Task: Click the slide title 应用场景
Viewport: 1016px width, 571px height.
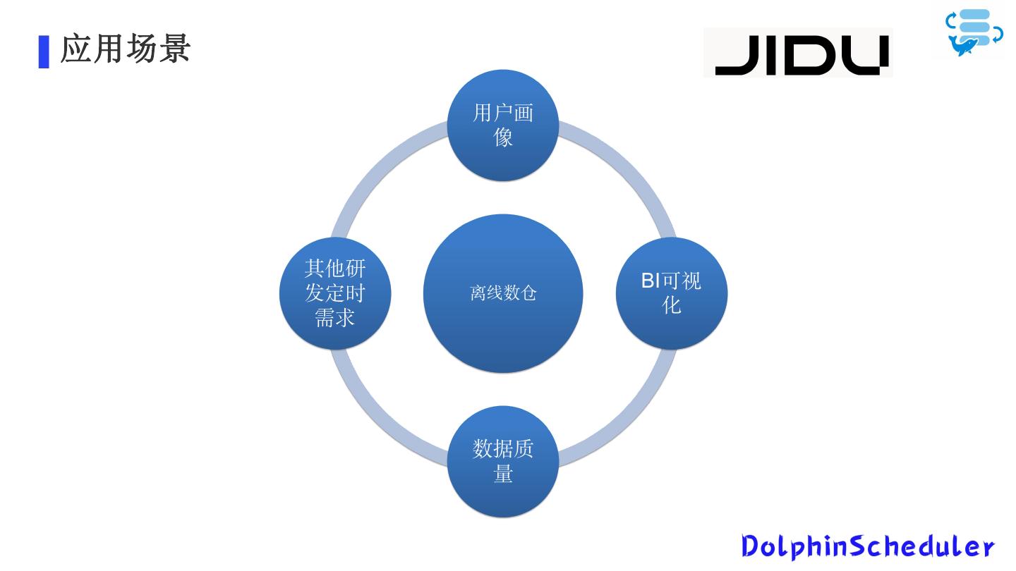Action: [126, 50]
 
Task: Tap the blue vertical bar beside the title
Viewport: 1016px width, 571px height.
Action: [44, 51]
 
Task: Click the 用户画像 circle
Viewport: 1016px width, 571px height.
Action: [503, 125]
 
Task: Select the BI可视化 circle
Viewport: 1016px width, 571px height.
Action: [671, 293]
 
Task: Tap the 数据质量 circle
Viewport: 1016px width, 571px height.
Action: [503, 461]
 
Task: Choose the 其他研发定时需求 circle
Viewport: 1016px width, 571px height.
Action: [335, 293]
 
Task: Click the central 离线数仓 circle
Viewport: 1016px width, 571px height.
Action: [503, 293]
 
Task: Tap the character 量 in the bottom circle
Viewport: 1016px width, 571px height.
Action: [503, 474]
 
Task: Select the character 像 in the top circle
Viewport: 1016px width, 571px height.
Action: [503, 137]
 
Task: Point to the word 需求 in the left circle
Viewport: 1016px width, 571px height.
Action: [335, 318]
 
